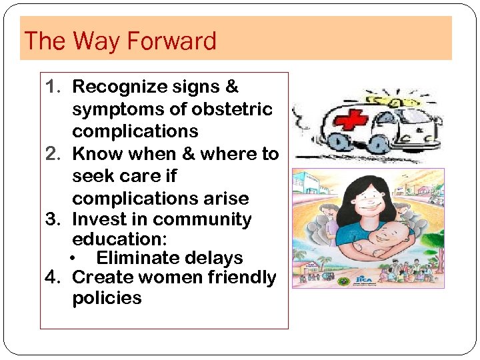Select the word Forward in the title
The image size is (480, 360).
pos(171,41)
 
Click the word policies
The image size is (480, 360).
pos(107,297)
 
